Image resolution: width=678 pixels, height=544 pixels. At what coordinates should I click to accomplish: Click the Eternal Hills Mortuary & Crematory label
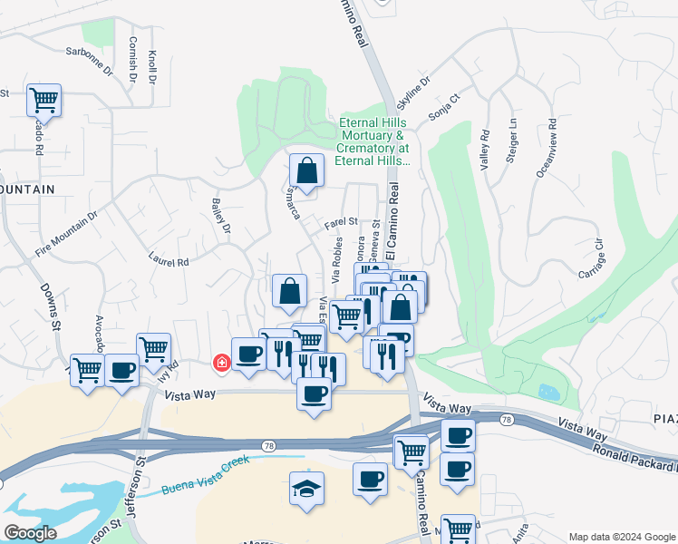(x=373, y=141)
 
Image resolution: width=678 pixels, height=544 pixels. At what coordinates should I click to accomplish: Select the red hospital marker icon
(x=220, y=363)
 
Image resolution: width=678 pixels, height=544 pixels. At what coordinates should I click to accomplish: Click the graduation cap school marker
(x=306, y=489)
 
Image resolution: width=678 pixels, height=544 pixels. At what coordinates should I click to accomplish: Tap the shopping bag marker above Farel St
(x=306, y=170)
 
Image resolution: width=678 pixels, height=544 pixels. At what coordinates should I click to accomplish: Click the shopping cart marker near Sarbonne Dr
(x=43, y=99)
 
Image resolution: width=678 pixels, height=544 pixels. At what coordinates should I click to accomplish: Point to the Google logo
(x=31, y=533)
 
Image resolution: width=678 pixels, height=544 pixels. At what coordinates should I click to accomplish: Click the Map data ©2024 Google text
(x=621, y=536)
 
